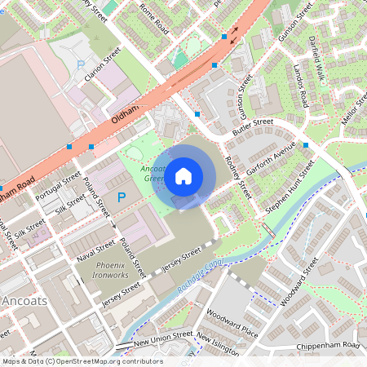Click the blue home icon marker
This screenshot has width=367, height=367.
183,175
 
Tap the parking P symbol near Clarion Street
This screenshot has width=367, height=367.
80,64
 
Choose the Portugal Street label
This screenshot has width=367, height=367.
58,184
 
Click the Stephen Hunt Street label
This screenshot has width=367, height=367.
290,188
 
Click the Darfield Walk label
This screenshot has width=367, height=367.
319,52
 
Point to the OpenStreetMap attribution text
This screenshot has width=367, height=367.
82,361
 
